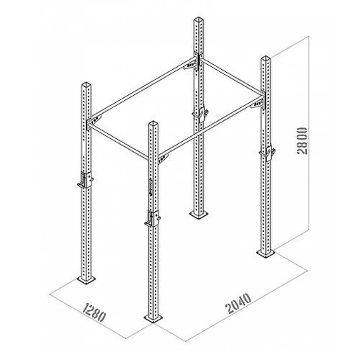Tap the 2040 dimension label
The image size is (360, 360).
pos(238,304)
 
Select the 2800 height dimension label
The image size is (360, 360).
pos(302,141)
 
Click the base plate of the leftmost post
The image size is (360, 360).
pos(86,279)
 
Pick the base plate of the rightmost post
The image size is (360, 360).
pos(266,253)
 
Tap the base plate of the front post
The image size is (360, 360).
pos(153,318)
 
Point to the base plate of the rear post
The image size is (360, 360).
pos(199,215)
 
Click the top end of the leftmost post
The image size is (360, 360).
pos(86,84)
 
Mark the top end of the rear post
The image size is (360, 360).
pos(199,19)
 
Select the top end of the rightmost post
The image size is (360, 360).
pos(266,58)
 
